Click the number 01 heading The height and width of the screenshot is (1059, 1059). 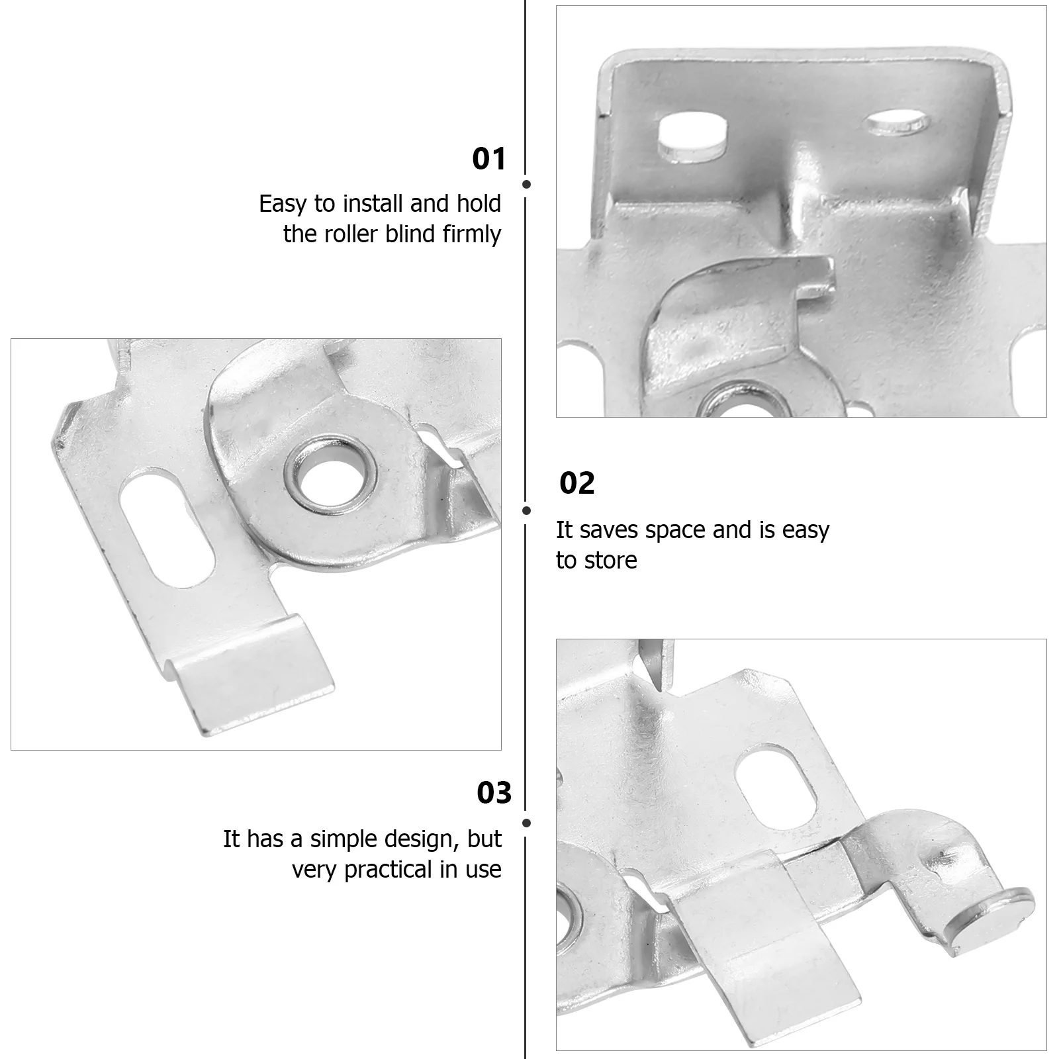click(x=488, y=160)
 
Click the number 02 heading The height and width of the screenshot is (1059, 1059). click(x=576, y=484)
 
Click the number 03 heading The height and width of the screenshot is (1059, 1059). click(x=494, y=793)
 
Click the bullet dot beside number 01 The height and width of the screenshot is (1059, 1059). click(x=527, y=185)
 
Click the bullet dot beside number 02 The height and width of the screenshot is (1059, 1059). click(x=527, y=510)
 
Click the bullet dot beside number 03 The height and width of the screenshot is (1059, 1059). click(x=527, y=823)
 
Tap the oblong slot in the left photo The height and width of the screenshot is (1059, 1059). click(x=168, y=528)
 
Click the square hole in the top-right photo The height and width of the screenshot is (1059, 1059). click(x=692, y=138)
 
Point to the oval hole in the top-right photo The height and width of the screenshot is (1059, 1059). click(x=897, y=122)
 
